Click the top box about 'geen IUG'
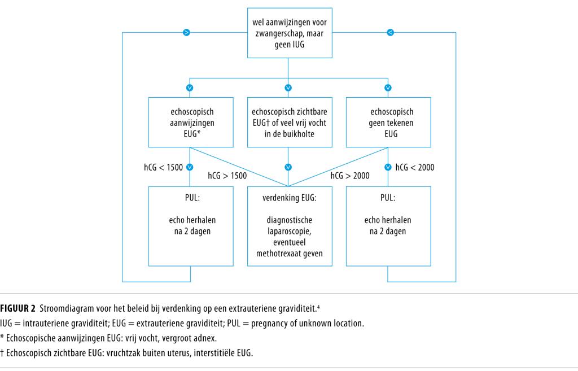pyautogui.click(x=288, y=32)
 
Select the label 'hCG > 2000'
pyautogui.click(x=350, y=176)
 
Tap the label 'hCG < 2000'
pyautogui.click(x=415, y=167)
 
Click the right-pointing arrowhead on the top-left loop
pyautogui.click(x=187, y=33)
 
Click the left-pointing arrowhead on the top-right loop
pyautogui.click(x=389, y=33)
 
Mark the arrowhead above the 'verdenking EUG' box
pyautogui.click(x=288, y=167)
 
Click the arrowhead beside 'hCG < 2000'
pyautogui.click(x=387, y=167)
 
